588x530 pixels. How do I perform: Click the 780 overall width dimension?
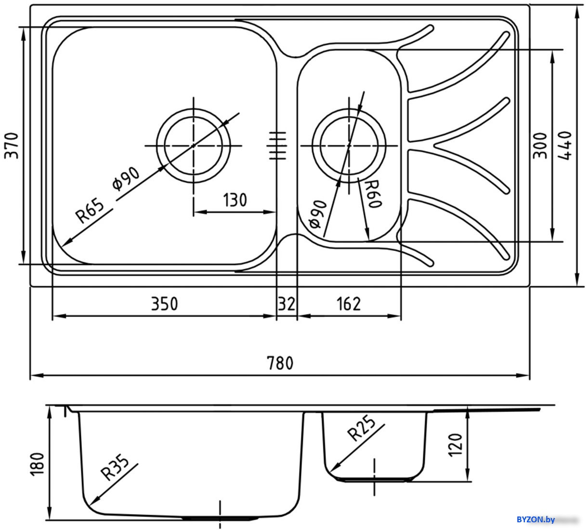tap(280, 363)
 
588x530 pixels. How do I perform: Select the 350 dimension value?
tap(164, 304)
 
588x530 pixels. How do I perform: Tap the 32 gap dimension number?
tap(287, 304)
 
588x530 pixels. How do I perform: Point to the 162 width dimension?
tap(349, 304)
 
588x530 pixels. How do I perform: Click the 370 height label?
tap(11, 146)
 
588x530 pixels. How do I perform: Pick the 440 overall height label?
tap(564, 146)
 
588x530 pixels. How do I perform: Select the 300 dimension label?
tap(540, 146)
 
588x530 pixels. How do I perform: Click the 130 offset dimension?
tap(235, 200)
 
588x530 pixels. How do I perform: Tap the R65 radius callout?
tap(90, 211)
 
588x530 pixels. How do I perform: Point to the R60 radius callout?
tap(373, 194)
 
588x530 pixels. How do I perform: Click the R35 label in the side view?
tap(115, 467)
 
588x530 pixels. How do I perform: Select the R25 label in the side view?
tap(361, 428)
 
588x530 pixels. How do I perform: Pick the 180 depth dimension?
tap(37, 464)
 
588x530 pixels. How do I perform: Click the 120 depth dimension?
tap(455, 444)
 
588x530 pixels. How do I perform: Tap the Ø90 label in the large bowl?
tap(126, 178)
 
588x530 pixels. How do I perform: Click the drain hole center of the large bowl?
tap(194, 146)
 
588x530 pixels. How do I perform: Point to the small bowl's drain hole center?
tap(349, 146)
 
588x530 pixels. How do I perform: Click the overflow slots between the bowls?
tap(277, 146)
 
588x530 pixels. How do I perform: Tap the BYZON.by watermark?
tap(536, 519)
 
